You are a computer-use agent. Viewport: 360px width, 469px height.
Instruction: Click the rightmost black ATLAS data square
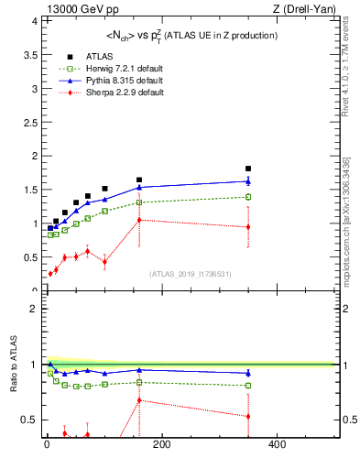point(248,169)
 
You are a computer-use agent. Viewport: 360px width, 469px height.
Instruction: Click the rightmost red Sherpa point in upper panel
point(248,226)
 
